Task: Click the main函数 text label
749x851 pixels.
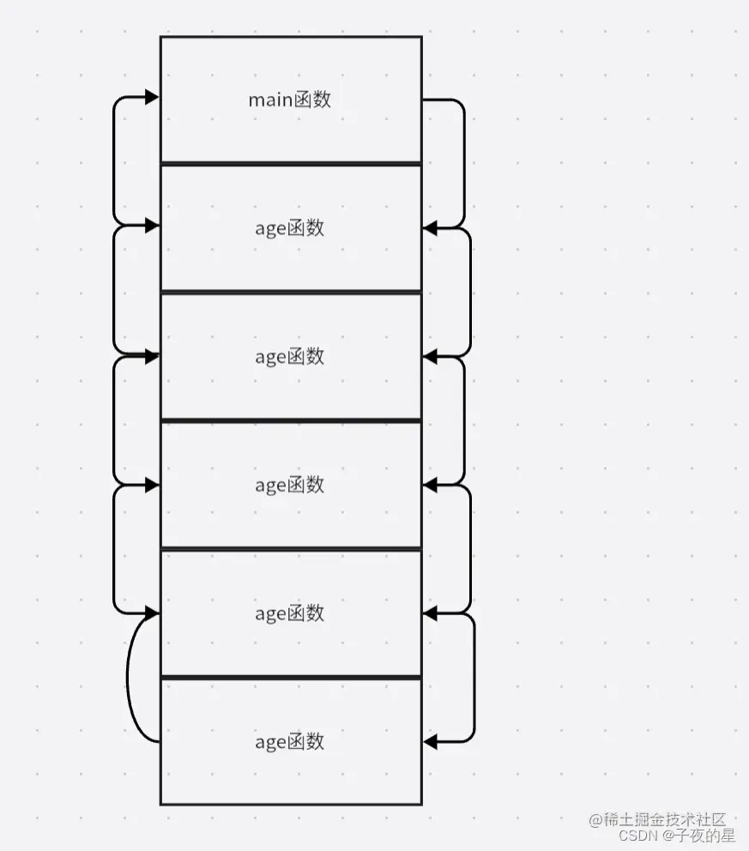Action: tap(290, 100)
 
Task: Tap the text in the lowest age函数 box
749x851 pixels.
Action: tap(290, 742)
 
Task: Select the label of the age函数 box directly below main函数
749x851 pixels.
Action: tap(290, 228)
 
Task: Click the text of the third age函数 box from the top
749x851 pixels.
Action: tap(290, 485)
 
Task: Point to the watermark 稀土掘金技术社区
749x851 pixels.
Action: tap(658, 820)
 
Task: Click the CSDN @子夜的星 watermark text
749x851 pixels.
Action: tap(677, 835)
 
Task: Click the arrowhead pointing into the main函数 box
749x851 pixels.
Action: tap(153, 97)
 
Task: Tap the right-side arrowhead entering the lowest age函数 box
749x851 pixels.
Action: tap(431, 741)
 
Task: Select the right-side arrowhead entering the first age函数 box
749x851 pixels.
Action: tap(431, 227)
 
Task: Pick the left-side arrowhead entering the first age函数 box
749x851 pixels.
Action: tap(153, 226)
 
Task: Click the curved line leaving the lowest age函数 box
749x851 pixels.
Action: tap(130, 678)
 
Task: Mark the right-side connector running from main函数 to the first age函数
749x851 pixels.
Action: tap(463, 163)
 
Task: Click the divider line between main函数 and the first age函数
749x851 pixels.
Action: tap(290, 163)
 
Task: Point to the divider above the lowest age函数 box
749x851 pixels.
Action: tap(290, 678)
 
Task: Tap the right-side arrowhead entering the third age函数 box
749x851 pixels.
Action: tap(431, 485)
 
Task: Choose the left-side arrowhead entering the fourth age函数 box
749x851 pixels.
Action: tap(153, 613)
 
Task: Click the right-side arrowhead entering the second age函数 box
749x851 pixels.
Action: tap(431, 355)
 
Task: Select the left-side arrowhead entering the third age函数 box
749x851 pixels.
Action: tap(153, 485)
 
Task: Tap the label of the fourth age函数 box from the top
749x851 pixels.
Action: tap(290, 613)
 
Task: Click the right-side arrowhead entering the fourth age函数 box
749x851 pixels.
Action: tap(431, 613)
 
